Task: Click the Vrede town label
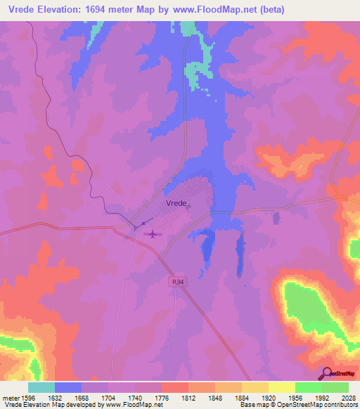(176, 202)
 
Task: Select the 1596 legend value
(25, 397)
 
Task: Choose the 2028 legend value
(348, 397)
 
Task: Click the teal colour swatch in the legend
(41, 387)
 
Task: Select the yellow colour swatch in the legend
(281, 387)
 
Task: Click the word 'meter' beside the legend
(9, 397)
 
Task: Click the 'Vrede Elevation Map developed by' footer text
(49, 405)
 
